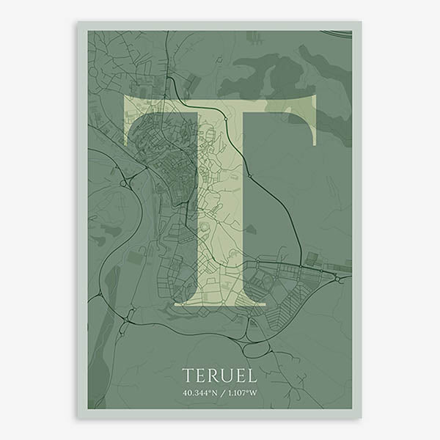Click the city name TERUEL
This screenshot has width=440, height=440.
click(x=219, y=375)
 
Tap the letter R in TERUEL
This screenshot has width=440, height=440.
click(x=212, y=375)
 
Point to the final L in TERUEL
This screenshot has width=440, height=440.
click(x=252, y=375)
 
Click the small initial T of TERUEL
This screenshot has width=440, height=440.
click(x=187, y=375)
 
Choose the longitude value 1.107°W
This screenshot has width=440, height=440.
click(x=241, y=393)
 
